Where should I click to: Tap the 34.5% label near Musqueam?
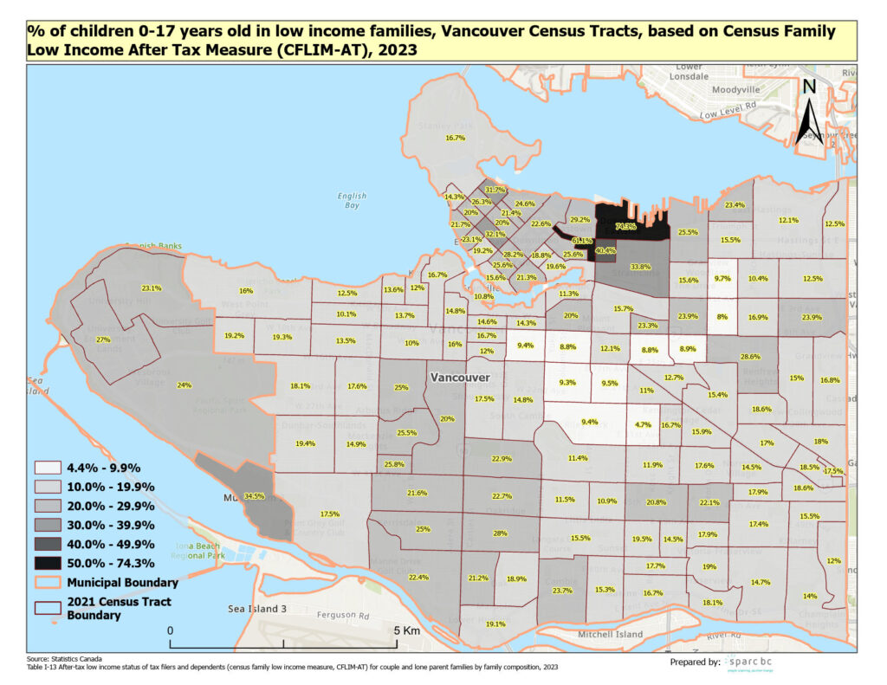click(254, 496)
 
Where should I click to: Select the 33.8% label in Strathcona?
click(640, 267)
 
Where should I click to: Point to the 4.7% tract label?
click(643, 425)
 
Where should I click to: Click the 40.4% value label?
click(605, 251)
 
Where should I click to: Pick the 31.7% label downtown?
click(495, 190)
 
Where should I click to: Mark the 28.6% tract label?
click(749, 356)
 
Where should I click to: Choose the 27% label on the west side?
click(102, 339)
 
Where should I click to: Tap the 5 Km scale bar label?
click(405, 630)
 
